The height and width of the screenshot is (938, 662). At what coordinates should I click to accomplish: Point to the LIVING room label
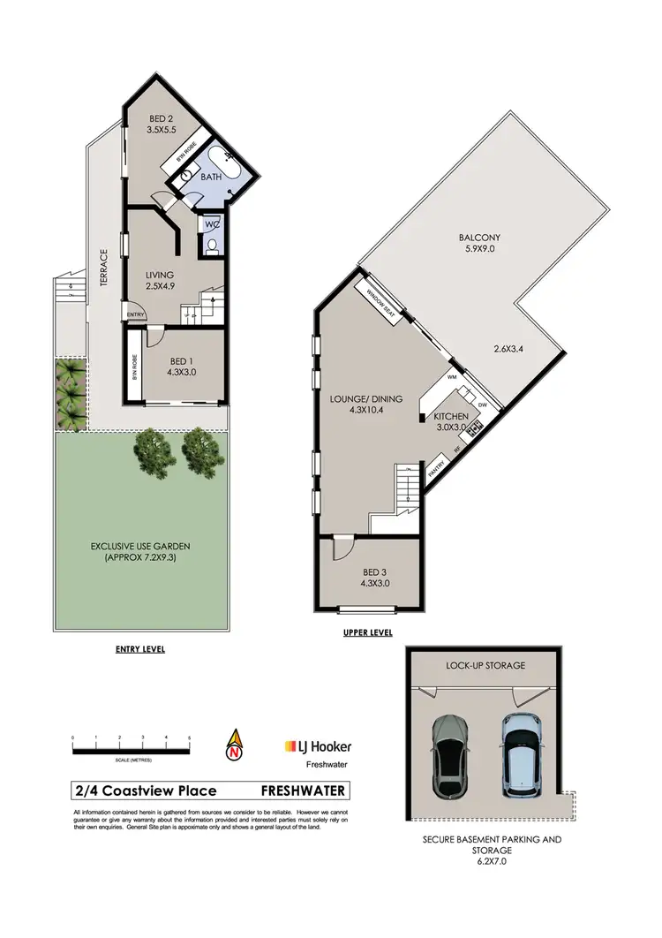(x=160, y=275)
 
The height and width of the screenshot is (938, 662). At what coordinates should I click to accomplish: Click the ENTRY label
(x=135, y=315)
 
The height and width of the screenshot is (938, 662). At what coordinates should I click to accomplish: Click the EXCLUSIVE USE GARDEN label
(x=140, y=547)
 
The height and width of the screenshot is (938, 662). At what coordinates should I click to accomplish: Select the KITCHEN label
(x=450, y=415)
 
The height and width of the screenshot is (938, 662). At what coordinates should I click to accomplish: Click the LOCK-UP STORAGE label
(x=486, y=664)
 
